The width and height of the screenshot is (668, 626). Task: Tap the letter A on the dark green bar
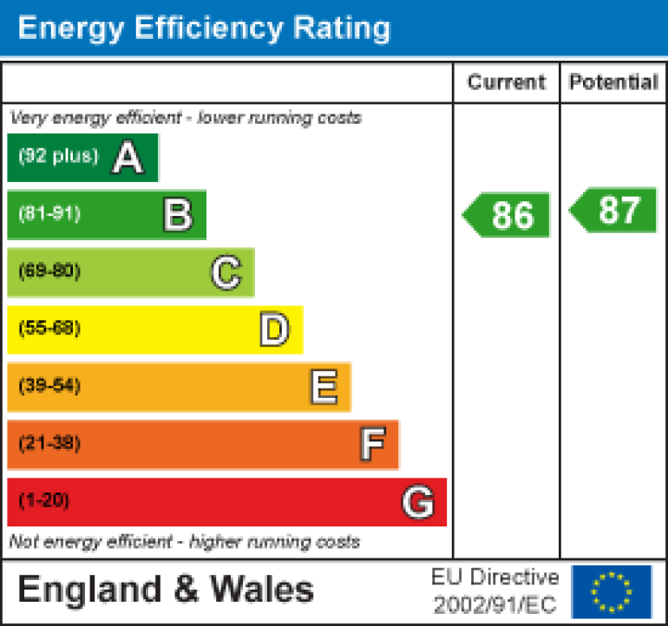pyautogui.click(x=128, y=158)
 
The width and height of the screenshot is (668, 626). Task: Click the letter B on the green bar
pyautogui.click(x=177, y=215)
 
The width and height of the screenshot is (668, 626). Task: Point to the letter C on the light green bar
pyautogui.click(x=226, y=273)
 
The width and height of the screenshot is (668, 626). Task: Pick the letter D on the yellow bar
pyautogui.click(x=274, y=330)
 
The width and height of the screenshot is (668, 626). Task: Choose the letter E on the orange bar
pyautogui.click(x=324, y=388)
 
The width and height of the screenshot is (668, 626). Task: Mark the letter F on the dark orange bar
pyautogui.click(x=371, y=445)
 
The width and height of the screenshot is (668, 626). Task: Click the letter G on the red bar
pyautogui.click(x=418, y=502)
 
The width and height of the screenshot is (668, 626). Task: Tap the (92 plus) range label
pyautogui.click(x=58, y=157)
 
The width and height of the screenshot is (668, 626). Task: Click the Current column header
pyautogui.click(x=507, y=82)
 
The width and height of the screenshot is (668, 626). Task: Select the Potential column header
pyautogui.click(x=613, y=82)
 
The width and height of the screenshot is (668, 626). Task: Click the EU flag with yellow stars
pyautogui.click(x=612, y=591)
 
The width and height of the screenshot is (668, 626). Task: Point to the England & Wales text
pyautogui.click(x=166, y=590)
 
